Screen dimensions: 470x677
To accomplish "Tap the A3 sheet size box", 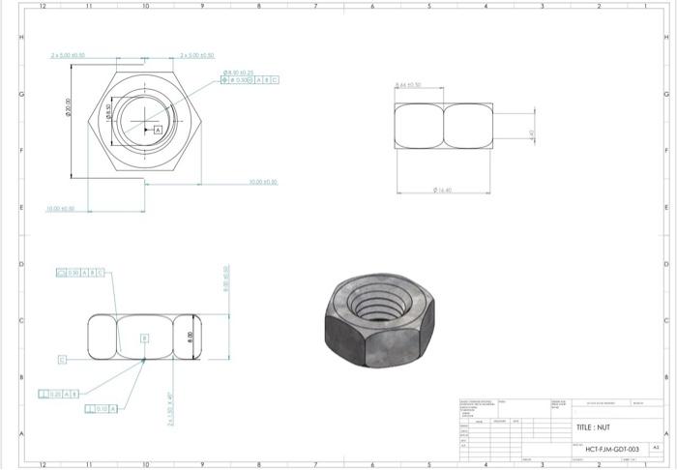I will tap(655, 449).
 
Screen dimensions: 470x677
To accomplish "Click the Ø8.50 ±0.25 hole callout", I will tap(238, 72).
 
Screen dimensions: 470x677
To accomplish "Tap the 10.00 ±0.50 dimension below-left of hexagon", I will tap(61, 208).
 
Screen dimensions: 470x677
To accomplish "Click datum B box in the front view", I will tap(145, 338).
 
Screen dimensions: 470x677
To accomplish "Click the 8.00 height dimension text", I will tap(190, 336).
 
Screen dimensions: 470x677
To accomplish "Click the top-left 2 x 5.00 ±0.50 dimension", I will tap(69, 56).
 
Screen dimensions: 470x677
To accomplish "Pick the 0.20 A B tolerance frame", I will tap(57, 395).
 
